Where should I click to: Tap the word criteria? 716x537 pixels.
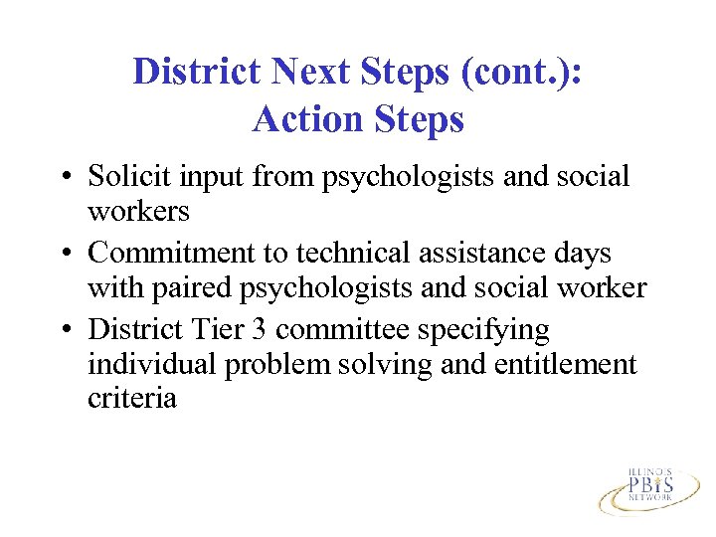[x=132, y=399]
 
